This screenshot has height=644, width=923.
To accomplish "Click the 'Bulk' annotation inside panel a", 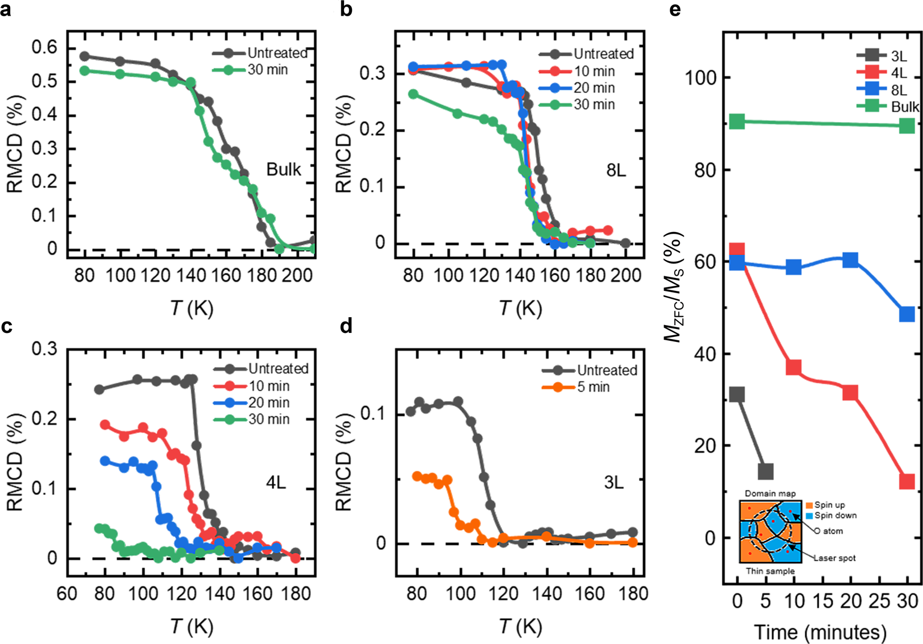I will (x=284, y=169).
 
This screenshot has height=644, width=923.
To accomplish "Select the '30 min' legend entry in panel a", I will (x=267, y=70).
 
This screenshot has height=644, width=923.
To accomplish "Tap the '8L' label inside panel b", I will (x=616, y=170).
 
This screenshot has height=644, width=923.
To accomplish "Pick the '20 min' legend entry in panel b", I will (x=594, y=88).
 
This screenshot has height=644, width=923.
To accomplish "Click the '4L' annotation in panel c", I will (x=276, y=483).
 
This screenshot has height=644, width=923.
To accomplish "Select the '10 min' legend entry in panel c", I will (x=269, y=386).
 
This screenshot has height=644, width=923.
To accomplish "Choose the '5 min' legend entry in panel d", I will (x=593, y=387).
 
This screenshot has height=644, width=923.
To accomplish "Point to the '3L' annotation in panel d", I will (x=614, y=483).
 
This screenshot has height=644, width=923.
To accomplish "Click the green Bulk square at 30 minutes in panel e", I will (x=907, y=126).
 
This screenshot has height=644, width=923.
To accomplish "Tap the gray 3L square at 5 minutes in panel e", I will (x=766, y=471).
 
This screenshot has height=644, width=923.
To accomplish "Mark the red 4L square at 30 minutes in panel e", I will (x=907, y=481).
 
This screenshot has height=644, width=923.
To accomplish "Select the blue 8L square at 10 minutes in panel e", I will (x=794, y=267).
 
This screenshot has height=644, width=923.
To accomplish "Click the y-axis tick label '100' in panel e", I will (x=701, y=78).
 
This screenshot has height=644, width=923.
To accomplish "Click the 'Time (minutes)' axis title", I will (x=820, y=632).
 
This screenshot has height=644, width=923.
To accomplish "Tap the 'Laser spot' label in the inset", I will (x=834, y=558).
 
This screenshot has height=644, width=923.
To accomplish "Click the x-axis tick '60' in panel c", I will (x=67, y=593).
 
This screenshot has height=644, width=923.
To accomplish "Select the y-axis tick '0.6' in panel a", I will (x=45, y=48).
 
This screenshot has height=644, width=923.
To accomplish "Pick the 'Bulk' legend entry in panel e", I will (x=905, y=106).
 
